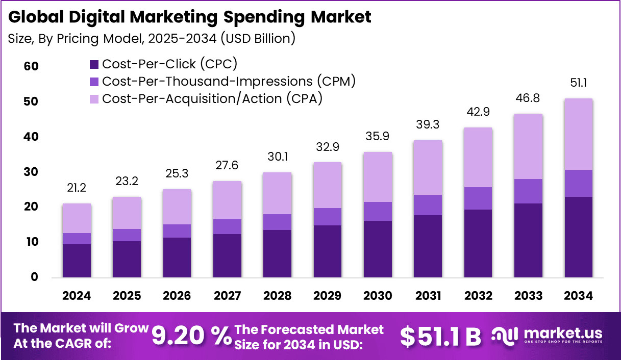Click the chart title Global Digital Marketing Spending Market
point(190,17)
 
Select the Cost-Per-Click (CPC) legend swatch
point(94,64)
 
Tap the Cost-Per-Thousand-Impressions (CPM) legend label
point(229,81)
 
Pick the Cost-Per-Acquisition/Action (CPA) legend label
point(212,98)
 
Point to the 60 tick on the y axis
point(31,67)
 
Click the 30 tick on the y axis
point(31,172)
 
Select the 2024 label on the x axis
point(77,296)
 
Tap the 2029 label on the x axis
point(328,296)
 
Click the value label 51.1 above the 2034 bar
point(579,83)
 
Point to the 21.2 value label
point(77,189)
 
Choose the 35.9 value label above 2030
point(378,137)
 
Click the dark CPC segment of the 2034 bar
point(579,237)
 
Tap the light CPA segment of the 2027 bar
point(227,200)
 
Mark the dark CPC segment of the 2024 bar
point(77,261)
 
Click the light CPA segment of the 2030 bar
point(378,177)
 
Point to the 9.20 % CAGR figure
point(192,336)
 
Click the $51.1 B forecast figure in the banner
point(440,336)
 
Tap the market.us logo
point(547,336)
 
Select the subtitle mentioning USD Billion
point(152,39)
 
